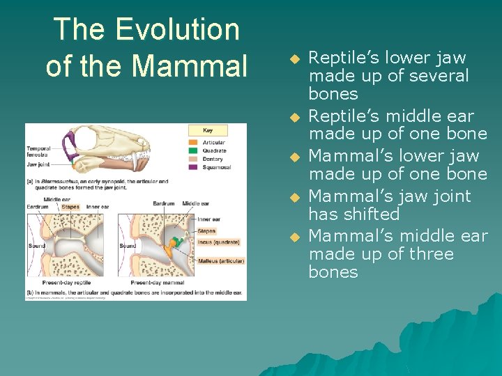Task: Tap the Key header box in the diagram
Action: [207, 130]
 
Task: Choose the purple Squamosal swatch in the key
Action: [193, 167]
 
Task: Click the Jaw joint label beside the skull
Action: [37, 165]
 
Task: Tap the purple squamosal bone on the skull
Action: [69, 146]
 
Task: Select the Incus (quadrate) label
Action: [218, 242]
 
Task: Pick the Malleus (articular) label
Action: [220, 261]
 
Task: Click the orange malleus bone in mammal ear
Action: [169, 247]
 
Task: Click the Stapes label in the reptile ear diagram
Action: [70, 207]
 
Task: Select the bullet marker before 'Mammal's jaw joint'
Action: [294, 198]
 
